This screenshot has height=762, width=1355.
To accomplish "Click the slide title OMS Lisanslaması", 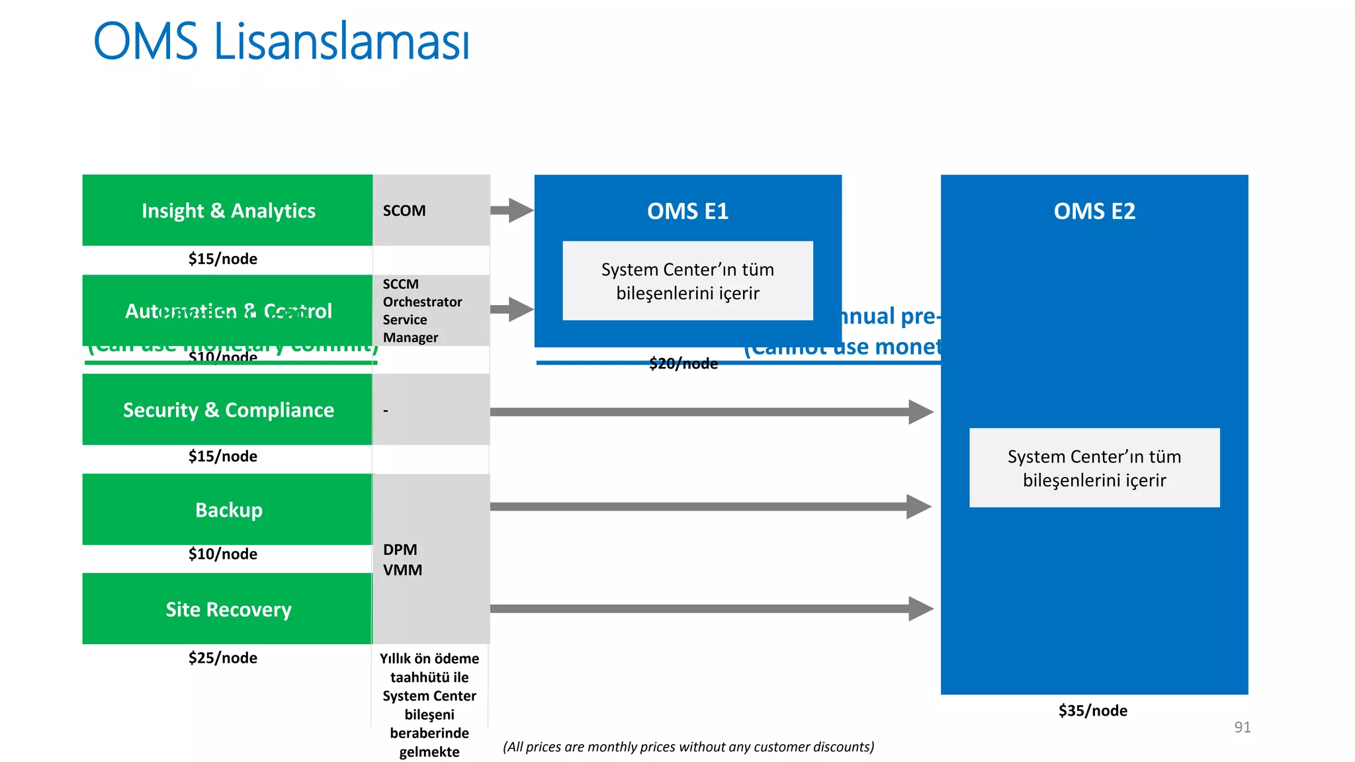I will (281, 41).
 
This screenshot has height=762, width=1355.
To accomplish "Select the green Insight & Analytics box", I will (228, 210).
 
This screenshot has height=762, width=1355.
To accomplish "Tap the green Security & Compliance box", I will (228, 410).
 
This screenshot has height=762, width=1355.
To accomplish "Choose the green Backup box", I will (228, 510).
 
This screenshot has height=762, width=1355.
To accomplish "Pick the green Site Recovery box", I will (228, 609).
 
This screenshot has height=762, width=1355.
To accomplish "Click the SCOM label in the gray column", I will (404, 211).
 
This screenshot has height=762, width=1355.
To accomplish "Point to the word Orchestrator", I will (422, 302).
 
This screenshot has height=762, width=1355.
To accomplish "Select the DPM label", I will (400, 550).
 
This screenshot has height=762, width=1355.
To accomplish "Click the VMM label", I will (402, 570).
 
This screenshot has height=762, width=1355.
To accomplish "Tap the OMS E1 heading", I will (687, 211).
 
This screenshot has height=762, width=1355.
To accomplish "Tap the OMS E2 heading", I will (1094, 211).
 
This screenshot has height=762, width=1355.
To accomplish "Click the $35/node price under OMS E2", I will (1092, 710).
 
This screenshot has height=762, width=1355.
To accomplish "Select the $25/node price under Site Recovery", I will (222, 657).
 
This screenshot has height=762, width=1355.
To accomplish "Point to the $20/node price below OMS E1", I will (683, 364).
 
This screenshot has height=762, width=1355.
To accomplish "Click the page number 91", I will (1242, 727).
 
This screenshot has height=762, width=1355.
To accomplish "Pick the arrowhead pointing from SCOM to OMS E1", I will (521, 210).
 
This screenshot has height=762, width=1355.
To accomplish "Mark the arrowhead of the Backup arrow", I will (919, 507).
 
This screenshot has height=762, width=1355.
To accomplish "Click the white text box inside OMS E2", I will (1094, 468).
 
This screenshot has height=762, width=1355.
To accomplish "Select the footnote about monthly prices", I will (688, 747).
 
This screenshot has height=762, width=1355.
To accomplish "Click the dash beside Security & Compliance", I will (386, 411).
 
